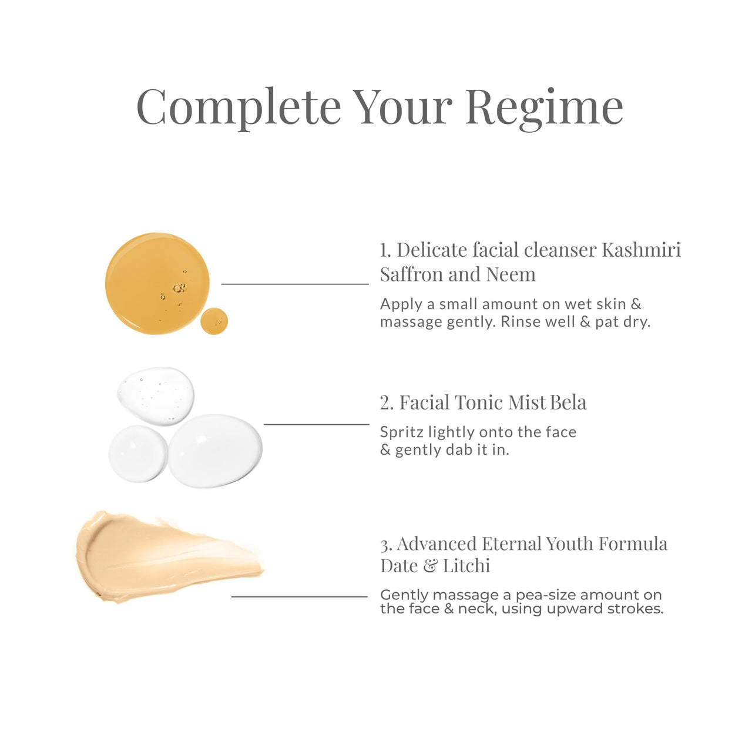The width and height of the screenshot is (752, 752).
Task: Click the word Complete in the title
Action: (239, 107)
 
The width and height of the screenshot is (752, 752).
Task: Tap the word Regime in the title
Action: (544, 108)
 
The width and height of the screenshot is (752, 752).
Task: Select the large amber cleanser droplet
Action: (156, 283)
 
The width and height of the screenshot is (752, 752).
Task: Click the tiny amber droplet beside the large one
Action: (214, 321)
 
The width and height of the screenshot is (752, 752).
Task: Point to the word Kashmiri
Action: (641, 250)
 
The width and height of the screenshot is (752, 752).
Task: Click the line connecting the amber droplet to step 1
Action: (294, 284)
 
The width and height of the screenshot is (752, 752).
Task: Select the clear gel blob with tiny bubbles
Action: (156, 395)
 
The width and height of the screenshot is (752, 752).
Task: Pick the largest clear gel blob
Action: (215, 451)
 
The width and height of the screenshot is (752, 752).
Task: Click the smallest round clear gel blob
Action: (138, 454)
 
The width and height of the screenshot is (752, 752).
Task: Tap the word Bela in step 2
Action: (568, 402)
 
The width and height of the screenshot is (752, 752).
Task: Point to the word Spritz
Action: (402, 432)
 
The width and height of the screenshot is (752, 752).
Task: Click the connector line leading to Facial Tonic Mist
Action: (316, 424)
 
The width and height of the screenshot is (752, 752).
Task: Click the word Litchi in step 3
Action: (466, 566)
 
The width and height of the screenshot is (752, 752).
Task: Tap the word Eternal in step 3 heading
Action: (511, 543)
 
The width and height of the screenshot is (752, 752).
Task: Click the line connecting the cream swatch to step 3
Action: (299, 596)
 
